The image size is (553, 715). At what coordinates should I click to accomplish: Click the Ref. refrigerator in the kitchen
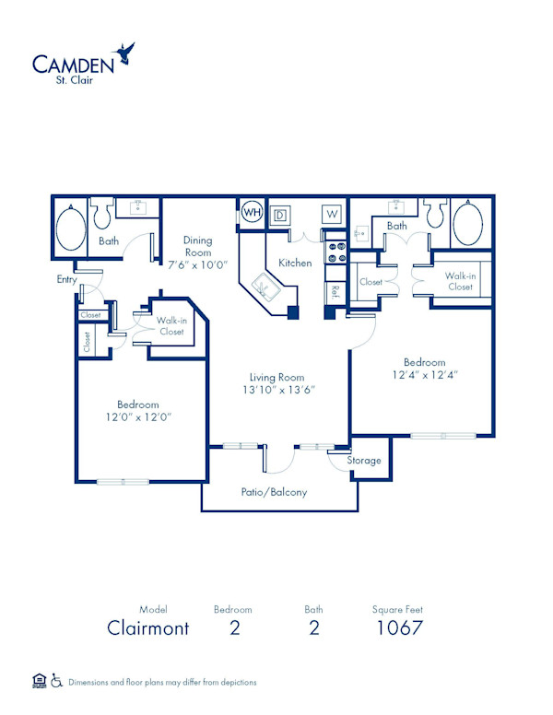[334, 291]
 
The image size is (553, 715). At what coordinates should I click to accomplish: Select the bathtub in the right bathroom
[467, 223]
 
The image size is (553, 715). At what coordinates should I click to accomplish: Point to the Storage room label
[364, 460]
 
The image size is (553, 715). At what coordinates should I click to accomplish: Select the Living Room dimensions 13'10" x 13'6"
[276, 389]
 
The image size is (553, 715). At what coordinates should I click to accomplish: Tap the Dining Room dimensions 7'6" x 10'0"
[197, 264]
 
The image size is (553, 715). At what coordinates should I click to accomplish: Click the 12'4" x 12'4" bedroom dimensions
[424, 375]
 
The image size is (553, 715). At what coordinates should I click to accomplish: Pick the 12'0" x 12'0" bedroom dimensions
[138, 417]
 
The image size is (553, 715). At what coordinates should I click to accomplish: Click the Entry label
[66, 279]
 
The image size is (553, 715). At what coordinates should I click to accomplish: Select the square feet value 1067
[399, 629]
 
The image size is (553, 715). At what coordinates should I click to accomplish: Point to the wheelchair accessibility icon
[57, 682]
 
